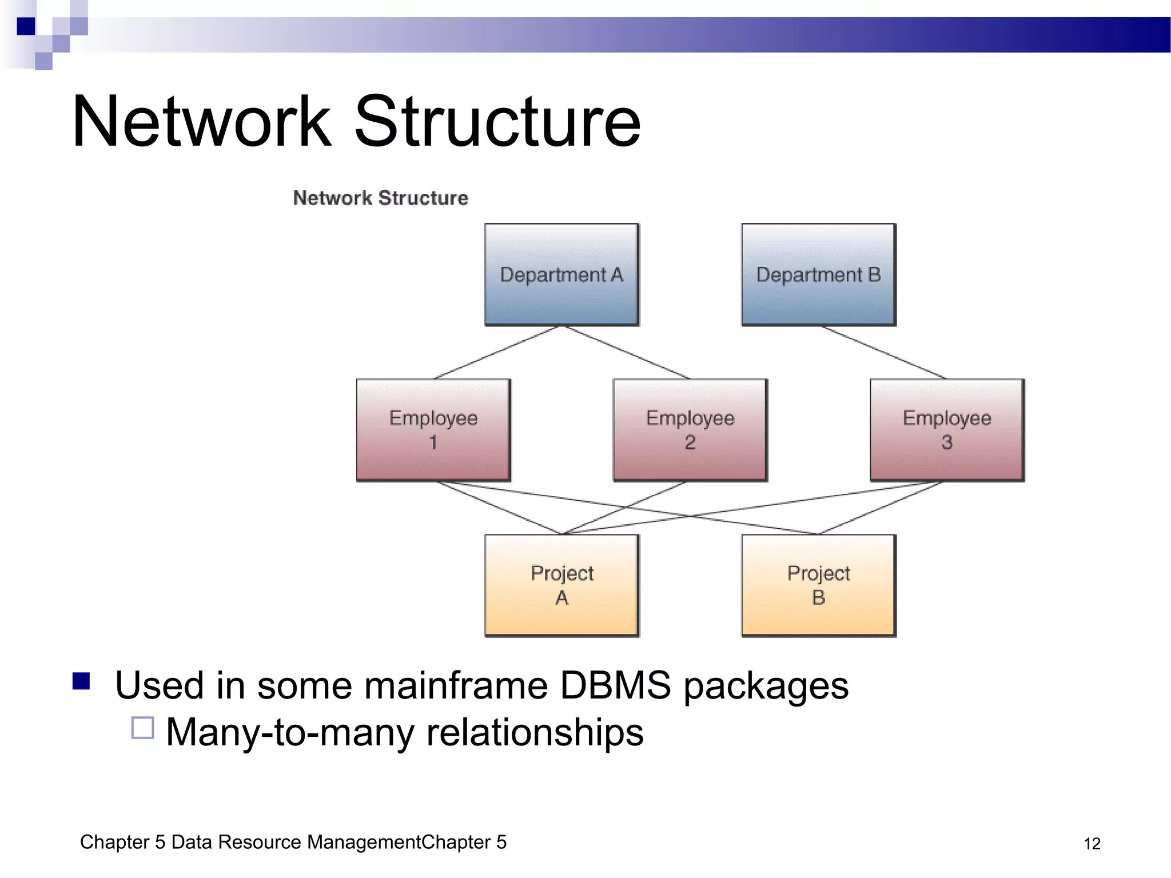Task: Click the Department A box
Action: (561, 274)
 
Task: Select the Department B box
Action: (818, 274)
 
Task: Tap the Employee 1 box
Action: (433, 430)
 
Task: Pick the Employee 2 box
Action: (690, 430)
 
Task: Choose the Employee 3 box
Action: (947, 430)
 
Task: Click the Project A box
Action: (561, 585)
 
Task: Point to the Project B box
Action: (818, 585)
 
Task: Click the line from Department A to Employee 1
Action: (496, 352)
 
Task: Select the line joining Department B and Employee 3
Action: (884, 353)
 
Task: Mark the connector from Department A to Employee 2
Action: (627, 352)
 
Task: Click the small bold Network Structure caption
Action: (380, 198)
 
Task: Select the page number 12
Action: (1092, 844)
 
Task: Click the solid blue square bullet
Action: (81, 681)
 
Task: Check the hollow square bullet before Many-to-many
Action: (142, 728)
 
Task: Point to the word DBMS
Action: (615, 685)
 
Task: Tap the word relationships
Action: (535, 732)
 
